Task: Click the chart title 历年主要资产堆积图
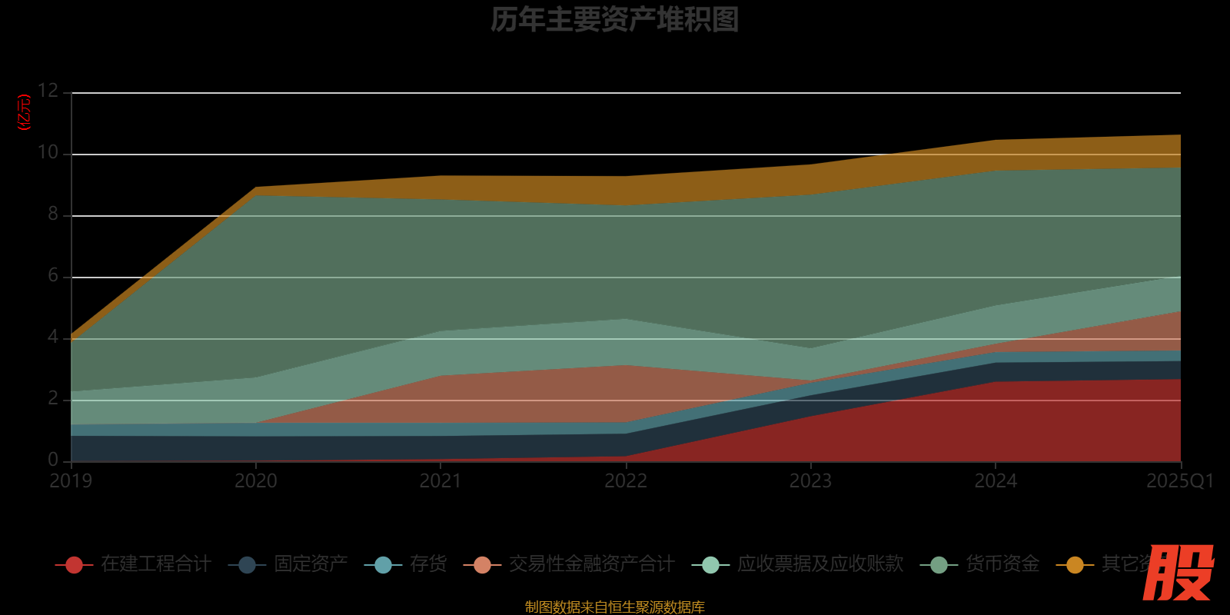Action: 614,20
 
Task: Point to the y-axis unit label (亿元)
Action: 25,112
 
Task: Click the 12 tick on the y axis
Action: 48,91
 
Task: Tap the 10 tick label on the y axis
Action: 48,152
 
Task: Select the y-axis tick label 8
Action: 53,214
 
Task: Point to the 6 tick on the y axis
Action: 53,275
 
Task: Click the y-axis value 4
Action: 53,337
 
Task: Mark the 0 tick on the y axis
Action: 53,460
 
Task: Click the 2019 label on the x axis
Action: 71,481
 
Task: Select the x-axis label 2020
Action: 256,481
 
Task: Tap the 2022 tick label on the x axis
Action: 626,481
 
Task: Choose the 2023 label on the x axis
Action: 811,481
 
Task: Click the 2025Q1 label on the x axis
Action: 1180,481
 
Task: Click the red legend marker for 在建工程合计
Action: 75,565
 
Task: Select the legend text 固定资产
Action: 311,564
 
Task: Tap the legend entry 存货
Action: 428,564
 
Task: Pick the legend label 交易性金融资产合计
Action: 592,564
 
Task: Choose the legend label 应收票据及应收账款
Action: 820,564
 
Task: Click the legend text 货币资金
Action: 1002,564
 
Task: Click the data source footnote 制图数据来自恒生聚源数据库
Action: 614,607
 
